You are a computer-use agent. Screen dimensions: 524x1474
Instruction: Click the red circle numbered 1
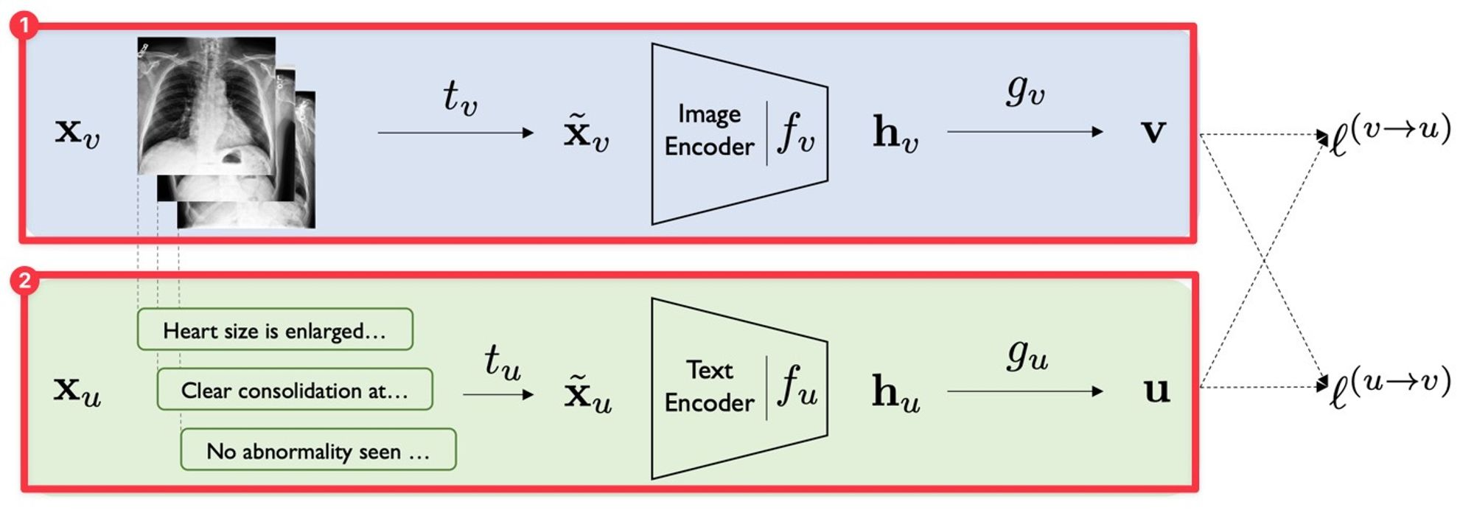[x=24, y=26]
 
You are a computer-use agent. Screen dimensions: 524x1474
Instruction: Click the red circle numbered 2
[x=24, y=281]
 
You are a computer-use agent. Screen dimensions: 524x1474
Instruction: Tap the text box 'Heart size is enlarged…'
[x=275, y=329]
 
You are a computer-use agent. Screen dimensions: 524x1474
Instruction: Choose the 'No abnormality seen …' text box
[x=318, y=450]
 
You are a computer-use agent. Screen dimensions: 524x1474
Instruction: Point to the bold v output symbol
[x=1153, y=131]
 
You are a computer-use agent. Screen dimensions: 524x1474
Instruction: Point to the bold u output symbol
[x=1156, y=390]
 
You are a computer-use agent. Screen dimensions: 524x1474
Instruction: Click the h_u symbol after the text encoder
[x=895, y=391]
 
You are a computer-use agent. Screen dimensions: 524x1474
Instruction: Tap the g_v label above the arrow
[x=1025, y=91]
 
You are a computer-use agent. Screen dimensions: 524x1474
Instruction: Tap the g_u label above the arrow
[x=1027, y=354]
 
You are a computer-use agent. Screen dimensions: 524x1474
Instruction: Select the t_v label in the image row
[x=460, y=97]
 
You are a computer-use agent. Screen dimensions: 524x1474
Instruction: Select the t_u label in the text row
[x=502, y=361]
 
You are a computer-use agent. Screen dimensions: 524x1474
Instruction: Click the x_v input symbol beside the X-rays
[x=77, y=133]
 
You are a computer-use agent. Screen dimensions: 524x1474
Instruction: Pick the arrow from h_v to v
[x=1024, y=132]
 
